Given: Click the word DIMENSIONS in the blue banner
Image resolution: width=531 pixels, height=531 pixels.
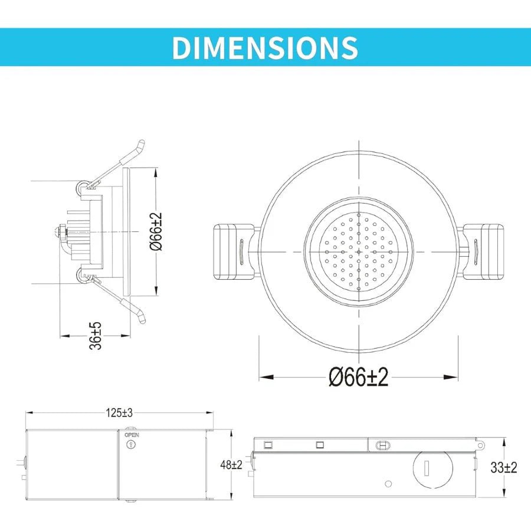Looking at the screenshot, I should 265,47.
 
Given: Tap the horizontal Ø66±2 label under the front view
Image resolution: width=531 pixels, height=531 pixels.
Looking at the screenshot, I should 359,377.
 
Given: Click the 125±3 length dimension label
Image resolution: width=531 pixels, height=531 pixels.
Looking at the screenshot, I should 120,413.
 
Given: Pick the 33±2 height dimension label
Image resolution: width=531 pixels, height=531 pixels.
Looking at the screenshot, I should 503,467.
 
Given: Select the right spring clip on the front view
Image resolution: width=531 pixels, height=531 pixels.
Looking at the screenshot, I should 484,252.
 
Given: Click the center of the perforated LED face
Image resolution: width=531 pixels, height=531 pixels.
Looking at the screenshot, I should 359,252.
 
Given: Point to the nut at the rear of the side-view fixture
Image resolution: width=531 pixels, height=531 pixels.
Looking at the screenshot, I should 61,231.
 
